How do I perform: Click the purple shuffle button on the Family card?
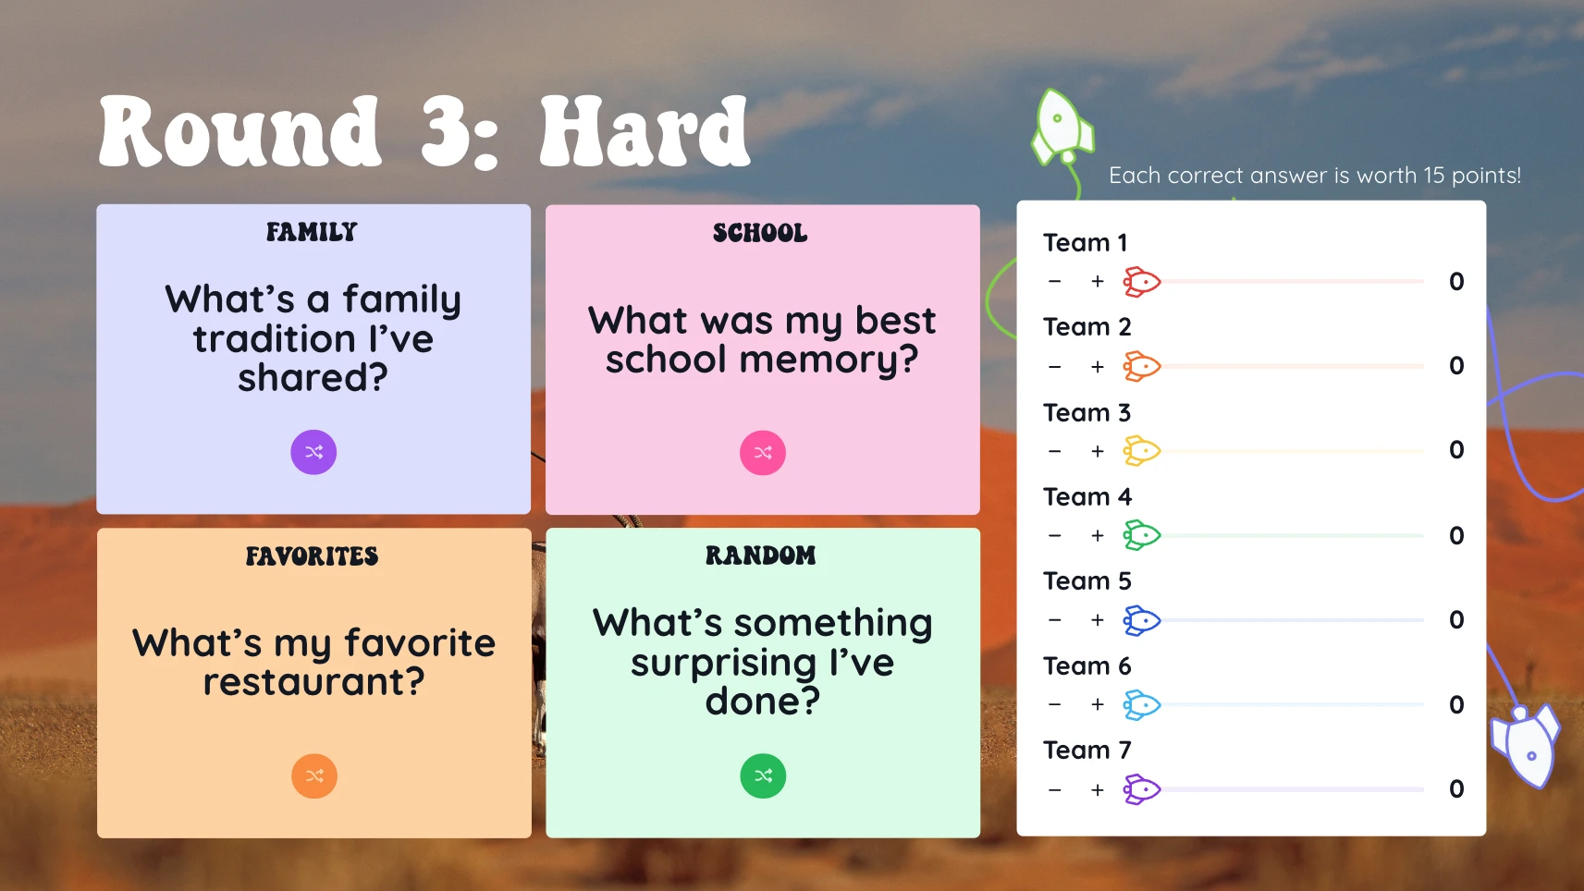click(313, 452)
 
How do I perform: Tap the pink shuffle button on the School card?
click(762, 453)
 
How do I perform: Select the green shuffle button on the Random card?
click(763, 775)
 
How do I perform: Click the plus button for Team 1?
click(1098, 281)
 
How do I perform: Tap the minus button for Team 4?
click(1054, 535)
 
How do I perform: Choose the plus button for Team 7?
click(1098, 789)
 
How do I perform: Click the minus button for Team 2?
click(1054, 367)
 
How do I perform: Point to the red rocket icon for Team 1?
click(1142, 282)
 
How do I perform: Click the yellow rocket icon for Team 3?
click(1142, 451)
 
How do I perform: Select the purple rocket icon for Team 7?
click(1142, 789)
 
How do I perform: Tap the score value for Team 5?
click(1456, 619)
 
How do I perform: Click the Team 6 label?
click(1087, 665)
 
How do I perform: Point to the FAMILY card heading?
click(312, 232)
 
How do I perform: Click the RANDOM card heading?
click(761, 555)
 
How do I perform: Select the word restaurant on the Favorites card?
click(314, 682)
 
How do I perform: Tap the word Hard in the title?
click(645, 130)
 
